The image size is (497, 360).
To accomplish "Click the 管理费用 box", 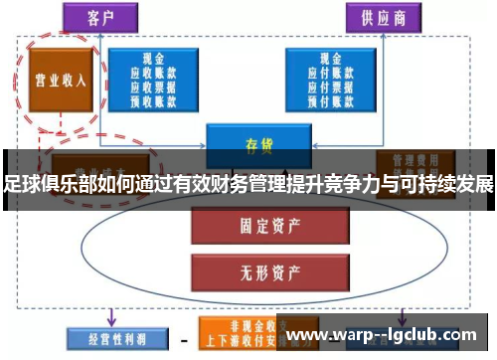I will (415, 159).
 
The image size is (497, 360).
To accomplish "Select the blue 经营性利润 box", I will (106, 339).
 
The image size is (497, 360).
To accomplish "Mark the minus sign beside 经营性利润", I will (183, 339).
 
